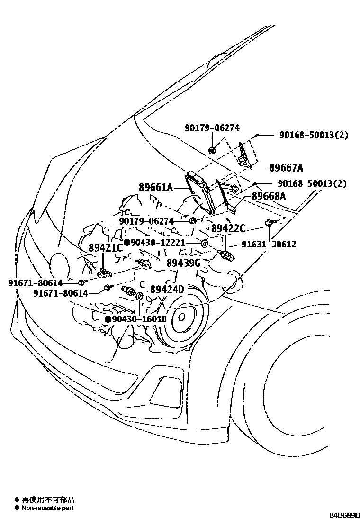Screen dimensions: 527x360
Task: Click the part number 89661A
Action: [155, 188]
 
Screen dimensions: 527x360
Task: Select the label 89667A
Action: [286, 168]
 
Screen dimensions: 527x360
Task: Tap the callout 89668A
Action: [269, 196]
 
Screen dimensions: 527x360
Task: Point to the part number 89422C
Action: [228, 229]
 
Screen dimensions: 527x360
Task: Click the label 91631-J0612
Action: [269, 245]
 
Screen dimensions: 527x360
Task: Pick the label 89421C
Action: [106, 248]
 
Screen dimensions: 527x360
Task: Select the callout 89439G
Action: [183, 263]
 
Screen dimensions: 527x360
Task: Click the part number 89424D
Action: [167, 290]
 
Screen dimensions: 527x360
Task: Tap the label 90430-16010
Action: [139, 319]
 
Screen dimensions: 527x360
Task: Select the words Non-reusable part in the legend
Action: [47, 508]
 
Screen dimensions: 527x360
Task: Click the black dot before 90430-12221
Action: [127, 243]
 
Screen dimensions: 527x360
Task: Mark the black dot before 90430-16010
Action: [108, 319]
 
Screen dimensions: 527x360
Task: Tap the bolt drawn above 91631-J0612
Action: [269, 223]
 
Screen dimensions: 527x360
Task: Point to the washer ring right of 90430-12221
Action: [204, 244]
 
